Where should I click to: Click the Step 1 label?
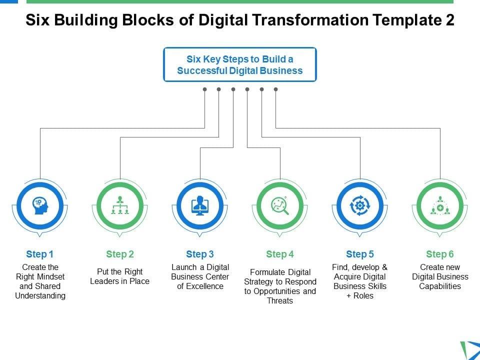pyautogui.click(x=40, y=254)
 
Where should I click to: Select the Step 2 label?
pyautogui.click(x=120, y=254)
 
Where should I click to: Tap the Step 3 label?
pyautogui.click(x=200, y=254)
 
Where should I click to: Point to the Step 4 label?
pyautogui.click(x=280, y=254)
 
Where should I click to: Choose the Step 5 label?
pyautogui.click(x=360, y=254)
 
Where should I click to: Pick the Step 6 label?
pyautogui.click(x=440, y=254)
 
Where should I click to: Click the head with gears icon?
pyautogui.click(x=40, y=205)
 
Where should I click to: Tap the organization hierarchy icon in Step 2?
pyautogui.click(x=120, y=205)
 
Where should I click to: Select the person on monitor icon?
pyautogui.click(x=200, y=205)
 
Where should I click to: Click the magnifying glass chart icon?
pyautogui.click(x=280, y=205)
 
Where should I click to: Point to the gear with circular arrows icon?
pyautogui.click(x=360, y=205)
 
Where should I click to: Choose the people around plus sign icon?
pyautogui.click(x=440, y=205)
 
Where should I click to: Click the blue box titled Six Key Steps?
pyautogui.click(x=240, y=64)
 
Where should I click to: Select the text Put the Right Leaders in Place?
pyautogui.click(x=120, y=276)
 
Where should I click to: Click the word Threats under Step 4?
pyautogui.click(x=280, y=301)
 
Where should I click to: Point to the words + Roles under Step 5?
pyautogui.click(x=360, y=296)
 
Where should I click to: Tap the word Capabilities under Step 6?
pyautogui.click(x=440, y=286)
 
